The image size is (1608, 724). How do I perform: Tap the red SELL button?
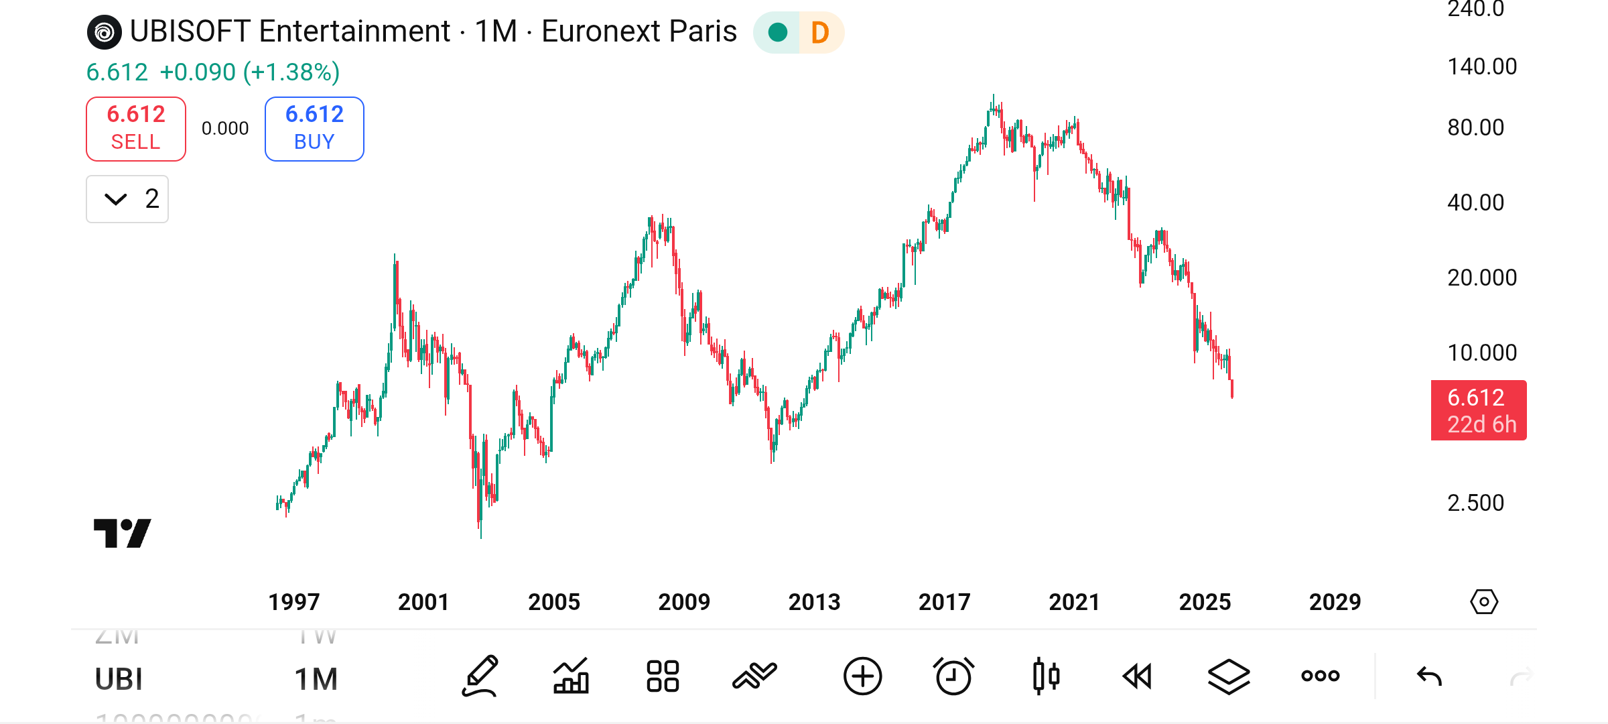[x=136, y=129]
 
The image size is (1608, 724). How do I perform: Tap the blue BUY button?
[x=314, y=129]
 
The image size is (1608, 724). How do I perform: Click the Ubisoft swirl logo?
[x=105, y=32]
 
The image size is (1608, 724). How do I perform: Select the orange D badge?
[x=820, y=32]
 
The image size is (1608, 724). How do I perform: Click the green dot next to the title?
[x=778, y=32]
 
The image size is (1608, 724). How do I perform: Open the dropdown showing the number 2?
[x=127, y=199]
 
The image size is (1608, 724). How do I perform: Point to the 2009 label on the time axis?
[x=684, y=602]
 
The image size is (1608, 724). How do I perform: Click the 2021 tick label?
[x=1074, y=602]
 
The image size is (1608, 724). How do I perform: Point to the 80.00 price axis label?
[x=1475, y=127]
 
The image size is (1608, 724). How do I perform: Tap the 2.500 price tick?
[x=1475, y=503]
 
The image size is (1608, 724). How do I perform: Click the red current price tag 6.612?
[x=1479, y=410]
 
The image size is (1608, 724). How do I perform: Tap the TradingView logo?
[x=122, y=533]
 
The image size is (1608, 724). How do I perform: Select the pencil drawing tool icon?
[x=480, y=676]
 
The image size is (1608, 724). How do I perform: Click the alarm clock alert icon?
[x=953, y=676]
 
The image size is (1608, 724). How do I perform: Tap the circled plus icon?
[x=862, y=676]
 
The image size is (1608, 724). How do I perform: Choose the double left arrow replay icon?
[x=1137, y=676]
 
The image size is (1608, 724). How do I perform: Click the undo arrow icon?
[x=1429, y=676]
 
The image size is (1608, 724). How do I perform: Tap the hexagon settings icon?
[x=1484, y=602]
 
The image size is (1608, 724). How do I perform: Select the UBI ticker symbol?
[x=119, y=679]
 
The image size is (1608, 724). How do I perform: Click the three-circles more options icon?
[x=1320, y=676]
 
